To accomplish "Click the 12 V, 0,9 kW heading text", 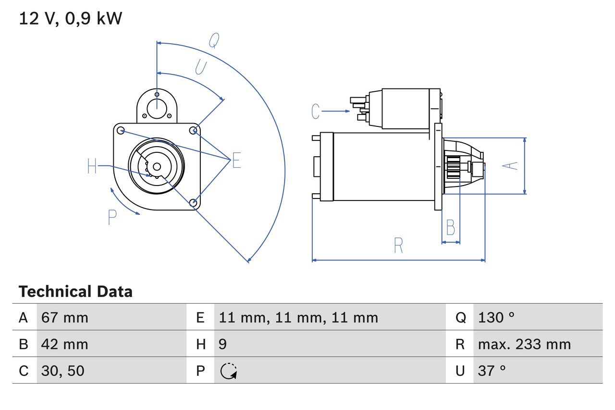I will pyautogui.click(x=71, y=19).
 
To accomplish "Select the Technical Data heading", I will pyautogui.click(x=75, y=292).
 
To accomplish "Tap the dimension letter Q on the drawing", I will pyautogui.click(x=214, y=41).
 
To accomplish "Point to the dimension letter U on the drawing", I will pyautogui.click(x=201, y=67).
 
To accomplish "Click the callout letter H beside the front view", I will pyautogui.click(x=92, y=167).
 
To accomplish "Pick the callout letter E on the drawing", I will pyautogui.click(x=236, y=161).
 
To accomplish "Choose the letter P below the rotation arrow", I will pyautogui.click(x=112, y=218).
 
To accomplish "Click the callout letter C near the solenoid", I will pyautogui.click(x=315, y=112).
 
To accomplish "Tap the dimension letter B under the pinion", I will pyautogui.click(x=450, y=227).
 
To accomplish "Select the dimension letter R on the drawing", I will pyautogui.click(x=398, y=245).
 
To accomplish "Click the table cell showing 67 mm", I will pyautogui.click(x=65, y=317).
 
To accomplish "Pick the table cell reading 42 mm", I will pyautogui.click(x=65, y=344).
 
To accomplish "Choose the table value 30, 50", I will pyautogui.click(x=63, y=371).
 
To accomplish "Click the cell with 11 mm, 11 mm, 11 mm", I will pyautogui.click(x=298, y=317).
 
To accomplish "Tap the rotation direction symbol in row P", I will pyautogui.click(x=228, y=371).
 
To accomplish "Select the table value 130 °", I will pyautogui.click(x=496, y=317).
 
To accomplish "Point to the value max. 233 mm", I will pyautogui.click(x=524, y=344).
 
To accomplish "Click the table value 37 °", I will pyautogui.click(x=492, y=371).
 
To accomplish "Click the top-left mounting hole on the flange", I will pyautogui.click(x=121, y=130).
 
